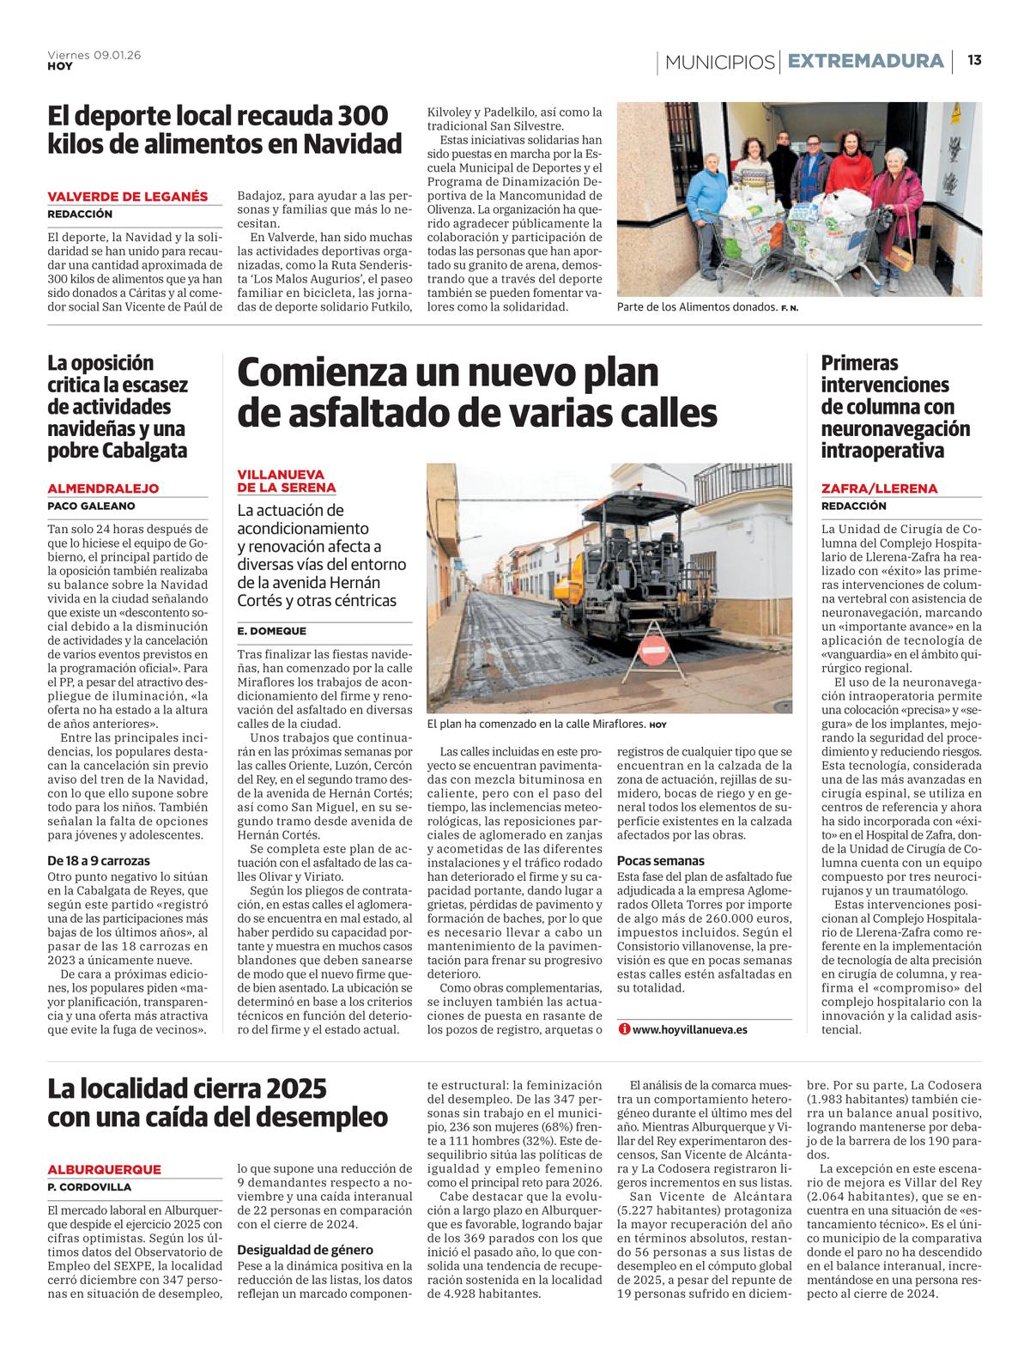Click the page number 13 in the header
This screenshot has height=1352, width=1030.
pyautogui.click(x=974, y=60)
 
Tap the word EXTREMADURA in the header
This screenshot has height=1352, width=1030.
pyautogui.click(x=865, y=61)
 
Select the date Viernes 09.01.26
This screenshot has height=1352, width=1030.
pyautogui.click(x=94, y=54)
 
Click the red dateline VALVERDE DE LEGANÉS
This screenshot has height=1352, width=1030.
pyautogui.click(x=128, y=197)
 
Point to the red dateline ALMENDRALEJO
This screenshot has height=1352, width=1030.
pyautogui.click(x=103, y=488)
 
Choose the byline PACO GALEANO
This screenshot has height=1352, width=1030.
pyautogui.click(x=91, y=506)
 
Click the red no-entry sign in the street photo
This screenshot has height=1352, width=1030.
pyautogui.click(x=655, y=652)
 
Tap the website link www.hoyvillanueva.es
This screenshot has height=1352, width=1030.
pyautogui.click(x=688, y=1028)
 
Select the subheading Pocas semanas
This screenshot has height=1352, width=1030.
pyautogui.click(x=660, y=860)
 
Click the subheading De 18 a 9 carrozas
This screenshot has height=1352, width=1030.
pyautogui.click(x=99, y=860)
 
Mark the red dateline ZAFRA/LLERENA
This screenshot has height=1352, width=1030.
pyautogui.click(x=879, y=488)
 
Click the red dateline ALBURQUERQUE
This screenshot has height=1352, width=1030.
pyautogui.click(x=105, y=1169)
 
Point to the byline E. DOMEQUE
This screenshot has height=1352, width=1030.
pyautogui.click(x=265, y=632)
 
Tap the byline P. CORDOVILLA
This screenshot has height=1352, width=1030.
pyautogui.click(x=90, y=1187)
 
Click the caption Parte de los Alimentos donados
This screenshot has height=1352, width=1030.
pyautogui.click(x=696, y=306)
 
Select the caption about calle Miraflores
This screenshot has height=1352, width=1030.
pyautogui.click(x=536, y=725)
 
